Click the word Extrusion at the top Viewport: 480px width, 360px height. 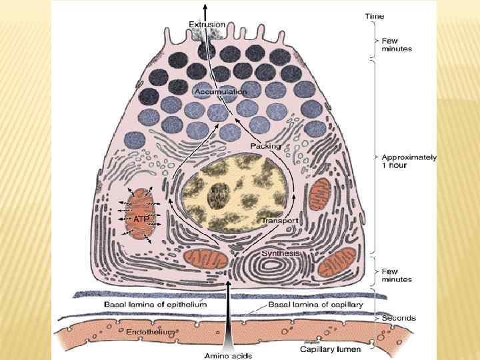point(207,24)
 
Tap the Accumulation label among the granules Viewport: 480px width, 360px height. point(221,91)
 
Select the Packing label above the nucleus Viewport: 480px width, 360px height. point(265,145)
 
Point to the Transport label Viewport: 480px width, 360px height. point(280,221)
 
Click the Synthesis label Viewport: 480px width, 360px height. point(280,253)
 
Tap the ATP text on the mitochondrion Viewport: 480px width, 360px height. point(140,219)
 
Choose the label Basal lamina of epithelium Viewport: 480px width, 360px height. point(155,304)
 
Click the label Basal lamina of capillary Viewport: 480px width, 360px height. point(315,304)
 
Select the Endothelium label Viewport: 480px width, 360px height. point(150,331)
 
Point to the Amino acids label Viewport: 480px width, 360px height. point(229,355)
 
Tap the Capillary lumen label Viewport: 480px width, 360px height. point(330,349)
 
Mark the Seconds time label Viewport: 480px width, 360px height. point(399,318)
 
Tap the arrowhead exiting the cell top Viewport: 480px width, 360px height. point(205,5)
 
